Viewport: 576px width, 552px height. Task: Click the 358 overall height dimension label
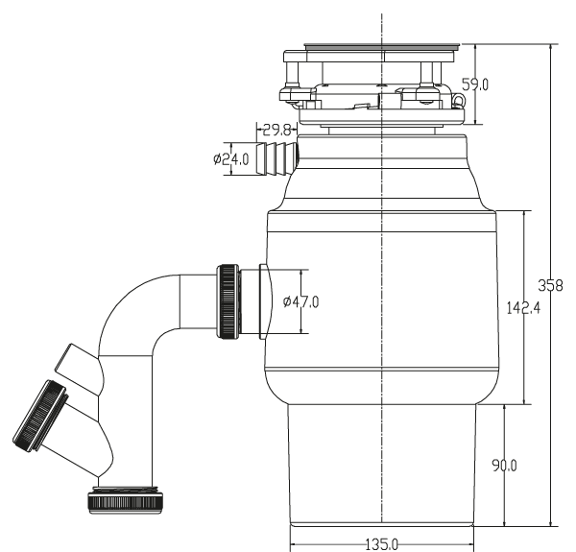pyautogui.click(x=550, y=285)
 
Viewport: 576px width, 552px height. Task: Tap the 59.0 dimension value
pyautogui.click(x=475, y=84)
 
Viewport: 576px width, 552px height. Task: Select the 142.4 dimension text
pyautogui.click(x=523, y=308)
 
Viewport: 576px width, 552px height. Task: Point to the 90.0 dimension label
pyautogui.click(x=504, y=466)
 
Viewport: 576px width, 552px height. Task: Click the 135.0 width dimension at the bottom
pyautogui.click(x=382, y=544)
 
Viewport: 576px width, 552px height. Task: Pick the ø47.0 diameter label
pyautogui.click(x=300, y=301)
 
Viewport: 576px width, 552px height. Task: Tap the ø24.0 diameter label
pyautogui.click(x=231, y=159)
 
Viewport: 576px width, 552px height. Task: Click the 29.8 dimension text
pyautogui.click(x=277, y=130)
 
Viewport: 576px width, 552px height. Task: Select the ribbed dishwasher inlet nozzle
pyautogui.click(x=277, y=159)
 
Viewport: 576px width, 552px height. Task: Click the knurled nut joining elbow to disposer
pyautogui.click(x=228, y=301)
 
